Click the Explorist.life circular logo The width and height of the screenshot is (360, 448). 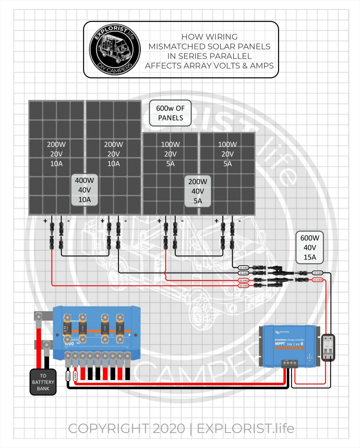[115, 49]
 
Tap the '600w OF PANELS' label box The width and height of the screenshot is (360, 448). [170, 113]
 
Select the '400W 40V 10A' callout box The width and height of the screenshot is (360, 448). [85, 190]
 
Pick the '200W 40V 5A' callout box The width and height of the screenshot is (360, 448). [198, 191]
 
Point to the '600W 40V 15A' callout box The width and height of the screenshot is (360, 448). [310, 247]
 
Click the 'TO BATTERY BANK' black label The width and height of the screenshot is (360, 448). [43, 382]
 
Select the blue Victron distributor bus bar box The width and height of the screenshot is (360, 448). [96, 332]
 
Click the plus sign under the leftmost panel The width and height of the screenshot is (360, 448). [45, 221]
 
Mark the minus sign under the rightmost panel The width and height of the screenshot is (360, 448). [240, 221]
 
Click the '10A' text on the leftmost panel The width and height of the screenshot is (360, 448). [56, 164]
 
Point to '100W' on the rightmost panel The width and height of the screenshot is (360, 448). [227, 144]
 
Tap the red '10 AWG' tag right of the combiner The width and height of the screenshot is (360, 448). [317, 280]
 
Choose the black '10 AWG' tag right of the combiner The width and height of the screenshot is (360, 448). [317, 273]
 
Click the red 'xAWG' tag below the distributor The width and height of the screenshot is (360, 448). [75, 376]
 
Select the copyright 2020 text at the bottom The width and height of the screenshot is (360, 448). [181, 428]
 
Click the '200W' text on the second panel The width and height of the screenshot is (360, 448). [113, 144]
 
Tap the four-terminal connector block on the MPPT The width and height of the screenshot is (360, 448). [289, 363]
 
